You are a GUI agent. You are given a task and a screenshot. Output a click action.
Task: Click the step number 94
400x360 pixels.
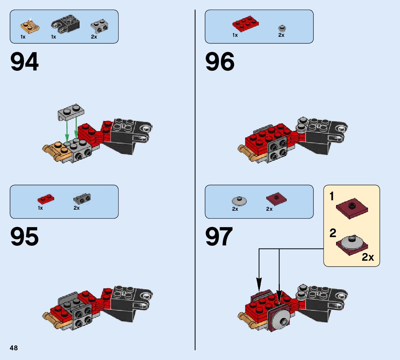click(24, 62)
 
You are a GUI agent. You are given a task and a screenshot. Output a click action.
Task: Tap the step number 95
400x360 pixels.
click(24, 237)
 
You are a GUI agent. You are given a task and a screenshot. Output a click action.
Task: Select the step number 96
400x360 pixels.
click(220, 62)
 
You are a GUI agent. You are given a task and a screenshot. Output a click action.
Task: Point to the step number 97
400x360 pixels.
click(219, 237)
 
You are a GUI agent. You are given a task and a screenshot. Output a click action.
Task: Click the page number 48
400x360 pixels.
click(14, 348)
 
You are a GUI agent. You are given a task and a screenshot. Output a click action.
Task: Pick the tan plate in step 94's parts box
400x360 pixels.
click(30, 26)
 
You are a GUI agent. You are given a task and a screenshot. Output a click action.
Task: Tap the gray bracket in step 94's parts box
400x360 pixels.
click(99, 26)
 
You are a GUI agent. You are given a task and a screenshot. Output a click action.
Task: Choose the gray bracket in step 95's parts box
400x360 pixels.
click(82, 198)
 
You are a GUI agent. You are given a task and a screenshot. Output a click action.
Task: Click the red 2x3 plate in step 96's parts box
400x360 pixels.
click(245, 24)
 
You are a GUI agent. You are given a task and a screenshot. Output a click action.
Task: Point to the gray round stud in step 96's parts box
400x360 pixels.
click(281, 28)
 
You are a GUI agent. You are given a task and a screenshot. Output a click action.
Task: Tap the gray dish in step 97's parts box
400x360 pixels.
click(239, 200)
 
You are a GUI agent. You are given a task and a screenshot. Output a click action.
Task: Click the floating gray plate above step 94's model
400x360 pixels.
click(71, 112)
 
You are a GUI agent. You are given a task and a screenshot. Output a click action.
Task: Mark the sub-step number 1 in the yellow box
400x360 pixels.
click(332, 197)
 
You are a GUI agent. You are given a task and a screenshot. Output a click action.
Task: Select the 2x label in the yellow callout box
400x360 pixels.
click(368, 257)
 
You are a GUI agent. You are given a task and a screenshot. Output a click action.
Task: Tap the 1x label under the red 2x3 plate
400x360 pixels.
click(235, 35)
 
